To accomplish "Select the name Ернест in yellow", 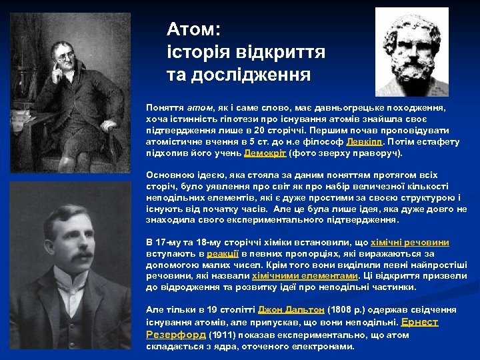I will [x=419, y=322].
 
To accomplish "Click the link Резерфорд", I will [x=175, y=335].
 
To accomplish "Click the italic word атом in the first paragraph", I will [x=199, y=107].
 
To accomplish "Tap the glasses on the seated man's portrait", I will [x=63, y=57].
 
